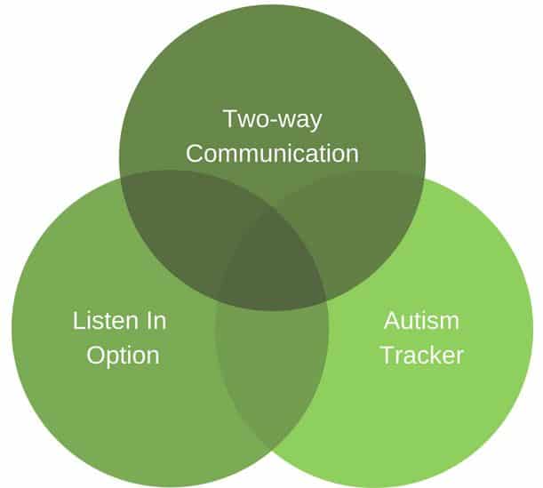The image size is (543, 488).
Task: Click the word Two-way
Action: (273, 120)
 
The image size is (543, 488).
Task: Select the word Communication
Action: (272, 154)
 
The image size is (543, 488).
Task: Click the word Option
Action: (123, 356)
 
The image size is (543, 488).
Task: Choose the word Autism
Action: (421, 320)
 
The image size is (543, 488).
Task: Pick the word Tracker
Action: (422, 355)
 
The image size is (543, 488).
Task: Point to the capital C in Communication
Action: (195, 154)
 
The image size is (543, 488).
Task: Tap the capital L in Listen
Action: (78, 320)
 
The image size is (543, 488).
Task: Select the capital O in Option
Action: (96, 355)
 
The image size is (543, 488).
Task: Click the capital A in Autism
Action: (393, 320)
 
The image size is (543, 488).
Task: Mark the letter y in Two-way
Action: (314, 123)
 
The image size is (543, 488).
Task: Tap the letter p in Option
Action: (116, 358)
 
